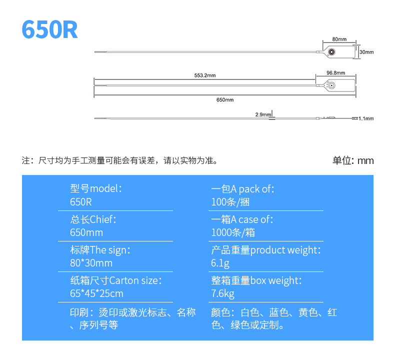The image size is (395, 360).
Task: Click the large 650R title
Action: (x=49, y=30)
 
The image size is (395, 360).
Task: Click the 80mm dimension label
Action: (x=339, y=39)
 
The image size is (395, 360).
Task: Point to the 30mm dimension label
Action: (x=366, y=52)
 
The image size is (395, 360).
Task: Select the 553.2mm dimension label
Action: (x=205, y=75)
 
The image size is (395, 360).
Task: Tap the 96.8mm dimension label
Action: (x=336, y=73)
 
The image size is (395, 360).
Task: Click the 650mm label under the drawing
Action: (x=225, y=99)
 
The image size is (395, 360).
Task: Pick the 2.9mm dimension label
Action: (x=263, y=114)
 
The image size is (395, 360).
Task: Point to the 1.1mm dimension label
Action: (x=366, y=118)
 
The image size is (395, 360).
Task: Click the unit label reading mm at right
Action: (x=365, y=160)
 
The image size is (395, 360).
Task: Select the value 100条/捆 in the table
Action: (x=230, y=202)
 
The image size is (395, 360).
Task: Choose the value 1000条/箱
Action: (x=233, y=232)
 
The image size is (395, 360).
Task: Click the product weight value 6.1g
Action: (x=220, y=263)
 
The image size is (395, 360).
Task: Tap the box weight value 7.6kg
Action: (x=222, y=293)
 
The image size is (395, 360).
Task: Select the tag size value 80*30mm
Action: (x=91, y=263)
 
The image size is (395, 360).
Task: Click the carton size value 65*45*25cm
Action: (x=97, y=293)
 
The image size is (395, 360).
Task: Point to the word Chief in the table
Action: (x=102, y=219)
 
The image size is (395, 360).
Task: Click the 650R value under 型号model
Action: (x=81, y=202)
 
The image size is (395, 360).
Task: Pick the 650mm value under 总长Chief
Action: (x=86, y=232)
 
